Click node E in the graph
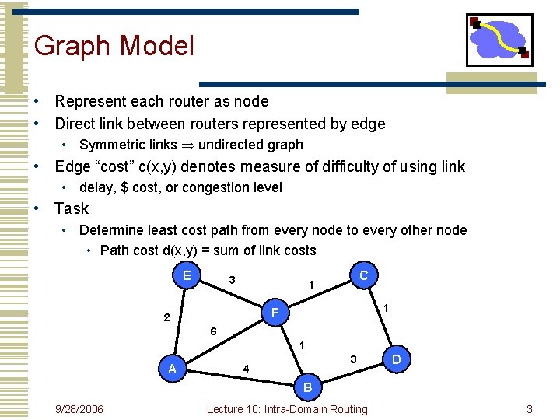coord(187,275)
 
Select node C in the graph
coord(364,275)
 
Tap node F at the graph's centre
coord(275,314)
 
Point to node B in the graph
coord(308,387)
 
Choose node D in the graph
coord(397,360)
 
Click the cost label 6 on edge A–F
coord(214,331)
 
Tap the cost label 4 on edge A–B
coord(246,368)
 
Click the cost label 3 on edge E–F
coord(232,279)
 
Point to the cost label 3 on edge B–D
coord(353,359)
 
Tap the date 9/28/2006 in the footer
coord(79,409)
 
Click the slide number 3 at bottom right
coord(529,409)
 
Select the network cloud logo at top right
coord(499,39)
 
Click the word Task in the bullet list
coord(72,208)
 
